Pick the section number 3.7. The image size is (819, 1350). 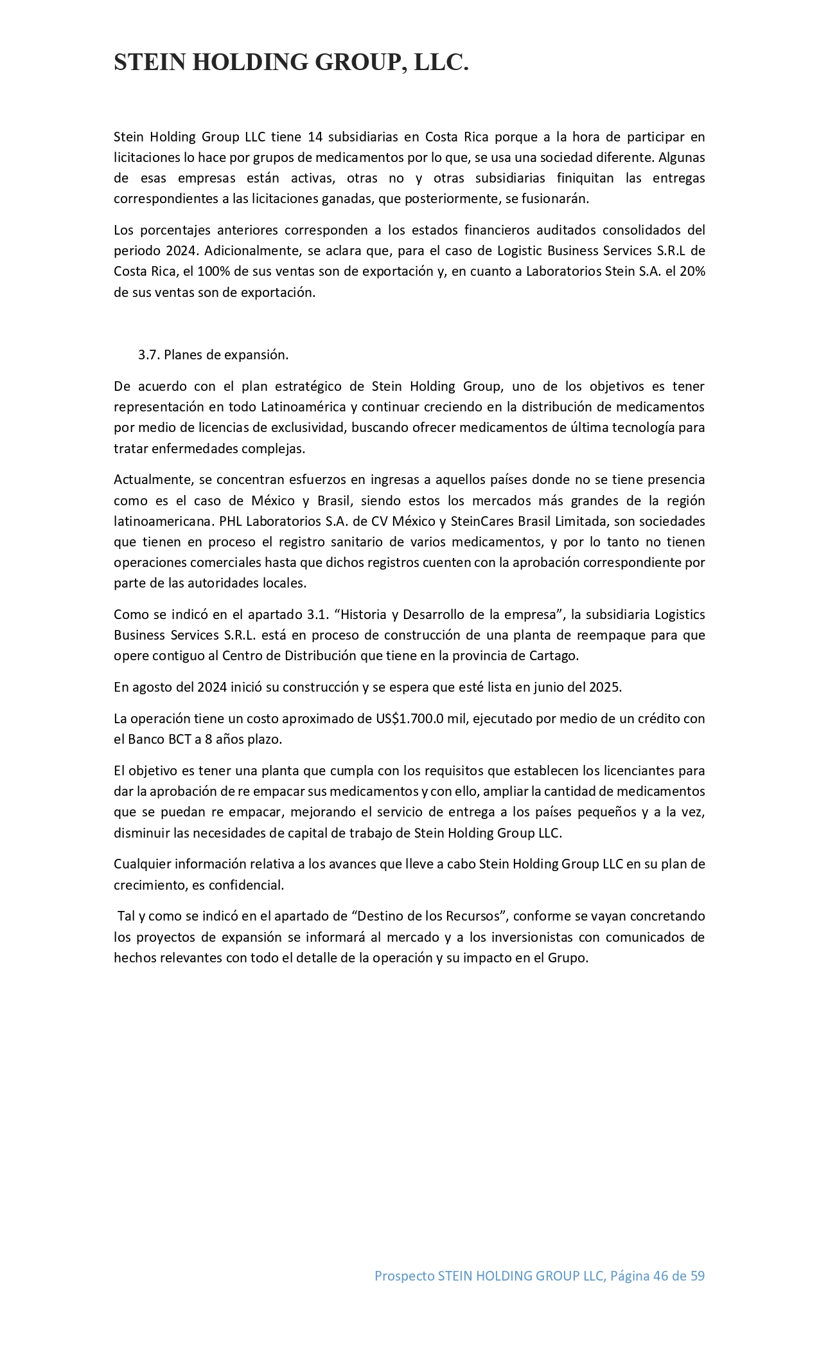(149, 355)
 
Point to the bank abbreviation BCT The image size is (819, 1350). (179, 739)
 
